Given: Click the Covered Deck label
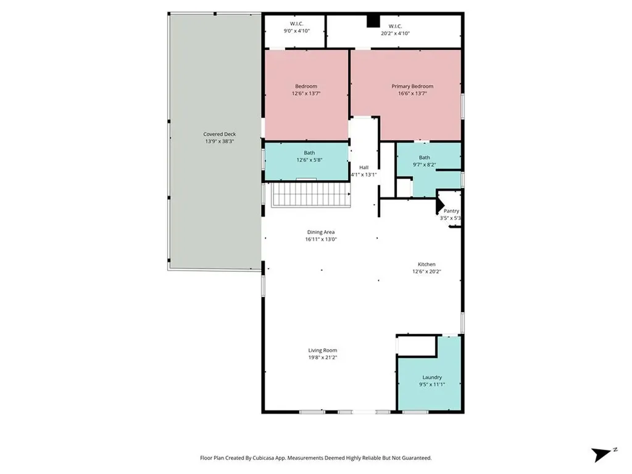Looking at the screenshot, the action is (x=219, y=134).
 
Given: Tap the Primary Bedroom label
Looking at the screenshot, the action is (x=412, y=86).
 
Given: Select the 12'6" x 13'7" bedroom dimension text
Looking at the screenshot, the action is (x=306, y=94).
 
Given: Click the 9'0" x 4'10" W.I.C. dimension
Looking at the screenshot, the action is (x=297, y=31).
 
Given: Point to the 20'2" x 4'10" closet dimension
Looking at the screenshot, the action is (x=396, y=33).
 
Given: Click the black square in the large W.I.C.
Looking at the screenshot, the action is (x=373, y=21).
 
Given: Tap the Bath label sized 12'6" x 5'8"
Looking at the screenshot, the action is (x=310, y=153).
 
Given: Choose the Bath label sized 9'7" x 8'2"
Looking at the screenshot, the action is (x=425, y=157).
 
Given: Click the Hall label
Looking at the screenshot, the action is (x=364, y=168).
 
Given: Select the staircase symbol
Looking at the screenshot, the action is (x=310, y=194).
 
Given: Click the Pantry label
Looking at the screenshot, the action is (x=451, y=211).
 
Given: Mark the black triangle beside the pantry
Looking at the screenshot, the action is (x=439, y=205).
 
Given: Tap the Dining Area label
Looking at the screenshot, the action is (x=321, y=232).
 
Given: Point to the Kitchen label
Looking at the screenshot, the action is (x=426, y=264).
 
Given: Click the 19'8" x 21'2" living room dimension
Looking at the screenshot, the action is (x=322, y=357).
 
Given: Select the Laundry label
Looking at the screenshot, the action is (x=432, y=378).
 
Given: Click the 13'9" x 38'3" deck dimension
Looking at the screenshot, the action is (x=219, y=141).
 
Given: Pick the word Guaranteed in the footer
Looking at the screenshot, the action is (x=416, y=459).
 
